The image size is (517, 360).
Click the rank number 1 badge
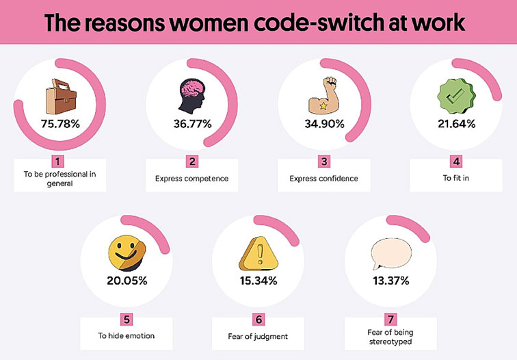point(59,162)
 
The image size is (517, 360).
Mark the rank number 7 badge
point(389,319)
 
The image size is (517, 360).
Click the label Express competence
point(191,179)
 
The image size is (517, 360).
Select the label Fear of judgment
point(257,336)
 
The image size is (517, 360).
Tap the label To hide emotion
point(126,336)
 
